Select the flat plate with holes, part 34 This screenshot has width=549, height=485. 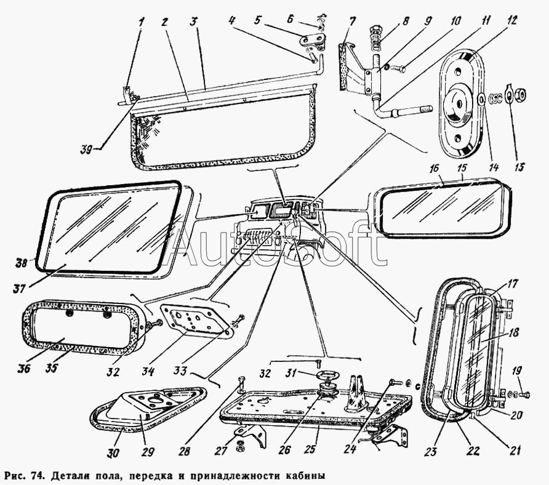[193, 321]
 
